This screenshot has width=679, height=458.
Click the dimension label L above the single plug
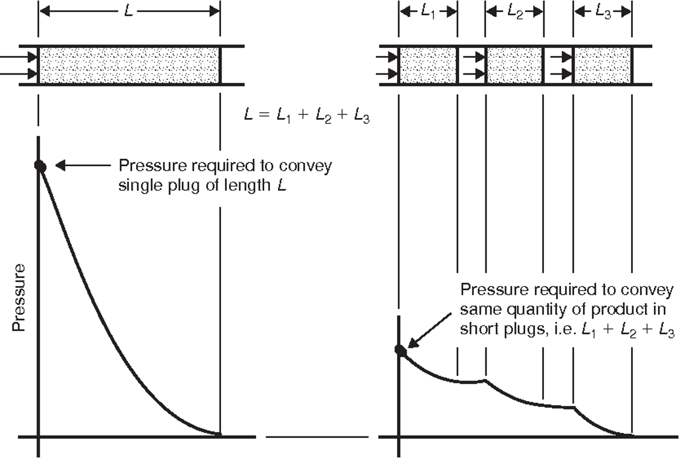(129, 11)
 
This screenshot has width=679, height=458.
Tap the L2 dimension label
(514, 12)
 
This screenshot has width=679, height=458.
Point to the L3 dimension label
(602, 12)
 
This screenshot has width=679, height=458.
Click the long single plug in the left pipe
(129, 65)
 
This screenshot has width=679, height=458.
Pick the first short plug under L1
(428, 65)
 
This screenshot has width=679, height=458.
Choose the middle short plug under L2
(514, 65)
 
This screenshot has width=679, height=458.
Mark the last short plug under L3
(602, 65)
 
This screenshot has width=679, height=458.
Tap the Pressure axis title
(19, 297)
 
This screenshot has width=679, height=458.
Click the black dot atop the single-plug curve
(39, 166)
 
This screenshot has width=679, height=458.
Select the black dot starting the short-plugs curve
(400, 350)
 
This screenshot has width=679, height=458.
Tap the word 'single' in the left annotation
(138, 186)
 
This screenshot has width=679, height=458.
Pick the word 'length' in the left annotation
(247, 186)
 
